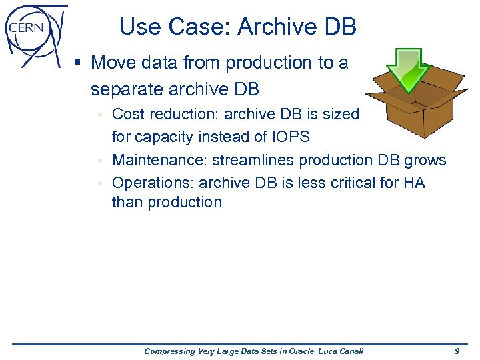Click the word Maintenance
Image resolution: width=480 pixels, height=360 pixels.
click(159, 160)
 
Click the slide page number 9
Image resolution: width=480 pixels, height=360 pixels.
click(457, 351)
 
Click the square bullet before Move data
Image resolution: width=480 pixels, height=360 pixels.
click(78, 64)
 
